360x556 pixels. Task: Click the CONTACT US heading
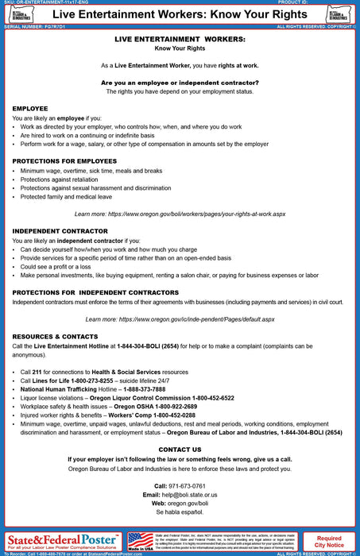(x=180, y=450)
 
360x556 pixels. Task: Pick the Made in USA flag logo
(x=140, y=542)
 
